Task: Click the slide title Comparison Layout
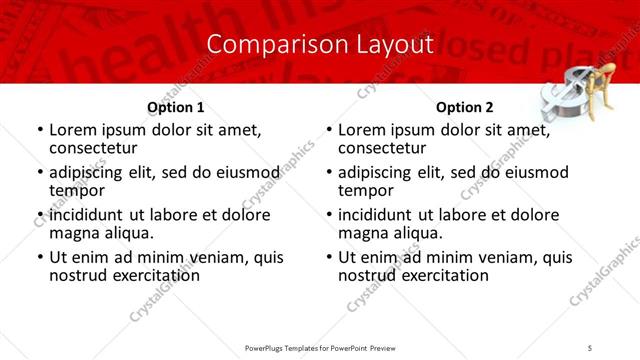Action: pyautogui.click(x=320, y=44)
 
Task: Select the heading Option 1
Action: pyautogui.click(x=176, y=107)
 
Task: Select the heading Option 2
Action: pyautogui.click(x=465, y=107)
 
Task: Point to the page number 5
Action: pyautogui.click(x=590, y=347)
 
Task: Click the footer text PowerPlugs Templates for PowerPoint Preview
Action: pyautogui.click(x=320, y=347)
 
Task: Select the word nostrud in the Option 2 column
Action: pyautogui.click(x=367, y=274)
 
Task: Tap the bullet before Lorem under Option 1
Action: pyautogui.click(x=39, y=130)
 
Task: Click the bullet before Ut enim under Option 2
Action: pyautogui.click(x=328, y=257)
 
